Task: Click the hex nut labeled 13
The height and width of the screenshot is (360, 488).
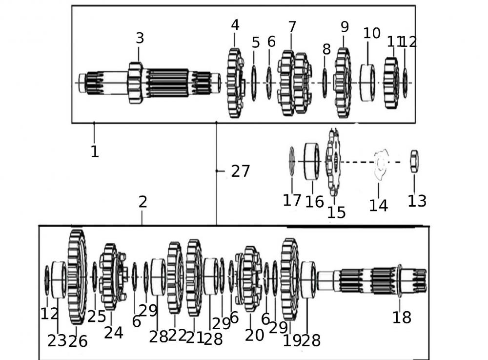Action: pos(414,161)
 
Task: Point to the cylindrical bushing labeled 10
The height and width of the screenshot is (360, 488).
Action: pos(367,83)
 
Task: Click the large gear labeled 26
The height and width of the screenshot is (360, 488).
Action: pos(77,277)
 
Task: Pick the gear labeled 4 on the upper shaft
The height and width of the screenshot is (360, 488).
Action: pos(235,83)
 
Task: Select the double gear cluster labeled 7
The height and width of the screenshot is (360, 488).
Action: pos(294,83)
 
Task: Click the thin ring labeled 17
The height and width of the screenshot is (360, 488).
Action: pos(292,161)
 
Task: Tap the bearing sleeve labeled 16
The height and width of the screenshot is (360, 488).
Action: pos(312,161)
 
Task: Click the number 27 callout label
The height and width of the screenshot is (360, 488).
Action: pos(240,171)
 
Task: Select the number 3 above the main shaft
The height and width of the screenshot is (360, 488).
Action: pos(140,38)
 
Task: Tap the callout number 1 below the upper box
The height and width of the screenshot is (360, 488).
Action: pos(95,151)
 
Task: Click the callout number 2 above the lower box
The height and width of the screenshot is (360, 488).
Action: pos(142,202)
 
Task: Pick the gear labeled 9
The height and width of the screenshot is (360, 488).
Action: pos(343,83)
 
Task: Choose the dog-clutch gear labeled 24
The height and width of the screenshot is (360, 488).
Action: pos(112,277)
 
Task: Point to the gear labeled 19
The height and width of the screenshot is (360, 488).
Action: pos(289,279)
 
